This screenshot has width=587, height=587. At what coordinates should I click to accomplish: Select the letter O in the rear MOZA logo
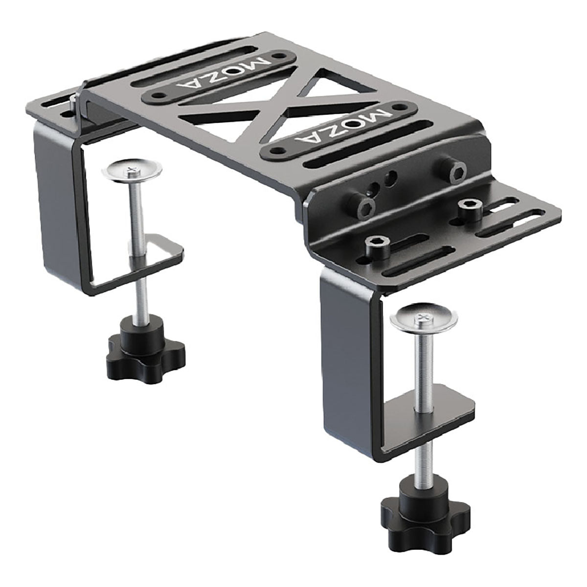pos(233,70)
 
